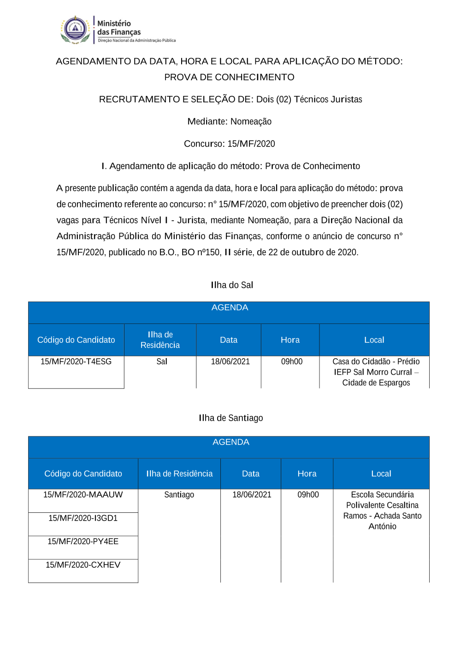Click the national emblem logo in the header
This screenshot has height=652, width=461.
click(75, 30)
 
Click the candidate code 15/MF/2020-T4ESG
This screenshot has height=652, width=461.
click(76, 362)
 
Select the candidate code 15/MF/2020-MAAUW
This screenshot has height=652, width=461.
click(83, 495)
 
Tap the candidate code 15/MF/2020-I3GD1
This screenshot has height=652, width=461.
click(83, 518)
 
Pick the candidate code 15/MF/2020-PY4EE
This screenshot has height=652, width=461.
click(83, 541)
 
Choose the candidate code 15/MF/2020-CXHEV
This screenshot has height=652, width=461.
click(83, 565)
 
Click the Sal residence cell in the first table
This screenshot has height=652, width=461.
click(162, 362)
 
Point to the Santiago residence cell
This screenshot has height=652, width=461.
click(179, 495)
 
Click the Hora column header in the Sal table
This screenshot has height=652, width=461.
click(290, 340)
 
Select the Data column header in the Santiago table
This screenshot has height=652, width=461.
click(251, 474)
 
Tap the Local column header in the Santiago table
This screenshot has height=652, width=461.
click(381, 474)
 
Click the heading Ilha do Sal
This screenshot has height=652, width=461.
click(232, 285)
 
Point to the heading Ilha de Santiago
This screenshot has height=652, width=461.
click(231, 418)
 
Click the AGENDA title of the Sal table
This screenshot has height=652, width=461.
click(230, 308)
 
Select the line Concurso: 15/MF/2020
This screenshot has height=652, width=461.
click(229, 144)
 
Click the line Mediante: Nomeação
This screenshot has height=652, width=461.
click(229, 122)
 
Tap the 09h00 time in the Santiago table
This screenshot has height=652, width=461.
click(308, 495)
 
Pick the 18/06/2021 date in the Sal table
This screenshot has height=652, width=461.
click(230, 362)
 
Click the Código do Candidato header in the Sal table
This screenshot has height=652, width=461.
click(76, 340)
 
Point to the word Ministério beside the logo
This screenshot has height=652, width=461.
click(114, 23)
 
